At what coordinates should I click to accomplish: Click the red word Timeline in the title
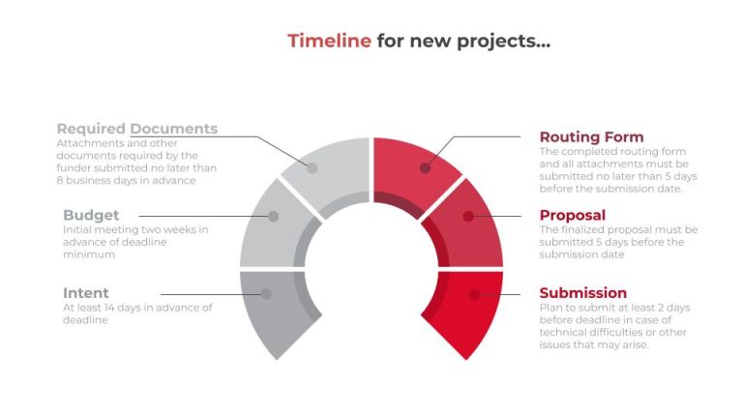[x=329, y=41]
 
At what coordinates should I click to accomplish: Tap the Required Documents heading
[x=136, y=129]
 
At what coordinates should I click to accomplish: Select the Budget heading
[x=91, y=215]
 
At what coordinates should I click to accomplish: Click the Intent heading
[x=86, y=293]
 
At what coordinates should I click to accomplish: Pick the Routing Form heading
[x=591, y=136]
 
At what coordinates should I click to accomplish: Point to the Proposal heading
[x=573, y=215]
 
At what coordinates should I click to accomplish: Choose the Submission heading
[x=582, y=293]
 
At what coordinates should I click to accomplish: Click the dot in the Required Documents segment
[x=312, y=167]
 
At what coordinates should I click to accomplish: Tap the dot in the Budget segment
[x=274, y=216]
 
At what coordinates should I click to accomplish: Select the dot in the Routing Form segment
[x=426, y=167]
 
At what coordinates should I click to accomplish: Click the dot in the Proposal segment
[x=468, y=216]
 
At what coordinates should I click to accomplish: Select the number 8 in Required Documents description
[x=60, y=180]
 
